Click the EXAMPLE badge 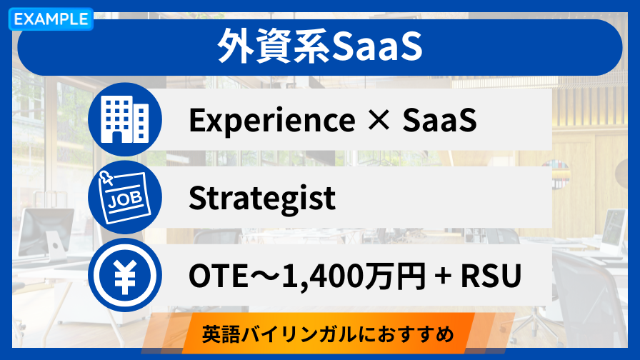(x=51, y=19)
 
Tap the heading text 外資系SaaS (x=320, y=46)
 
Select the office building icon (x=125, y=119)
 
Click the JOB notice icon (x=125, y=197)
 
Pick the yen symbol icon (x=125, y=275)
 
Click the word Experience (x=272, y=121)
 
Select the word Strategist (x=262, y=199)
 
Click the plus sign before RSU (x=443, y=276)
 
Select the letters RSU (x=491, y=276)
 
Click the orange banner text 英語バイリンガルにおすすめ (x=328, y=334)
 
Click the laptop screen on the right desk (x=614, y=228)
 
